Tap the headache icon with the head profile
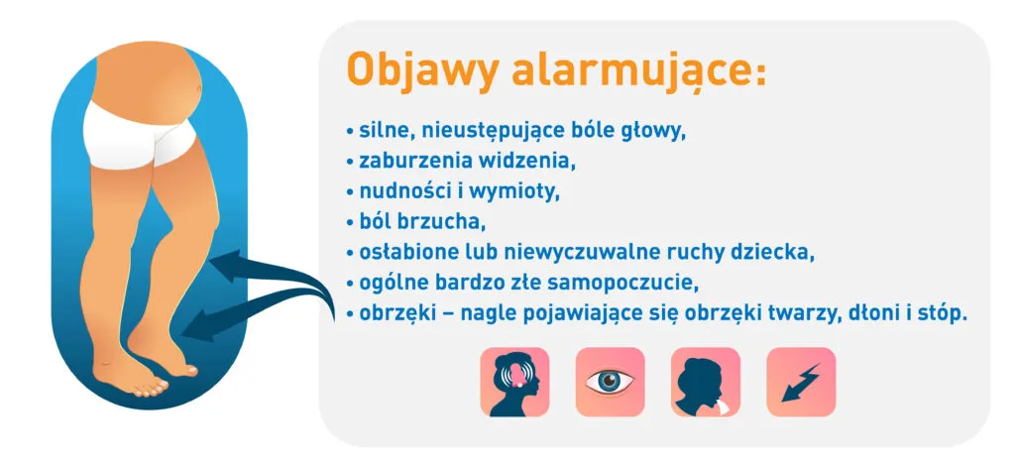click(514, 382)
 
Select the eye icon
click(610, 382)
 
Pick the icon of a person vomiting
click(705, 382)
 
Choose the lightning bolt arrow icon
click(801, 382)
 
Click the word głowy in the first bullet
click(654, 130)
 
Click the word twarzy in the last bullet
click(788, 311)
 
